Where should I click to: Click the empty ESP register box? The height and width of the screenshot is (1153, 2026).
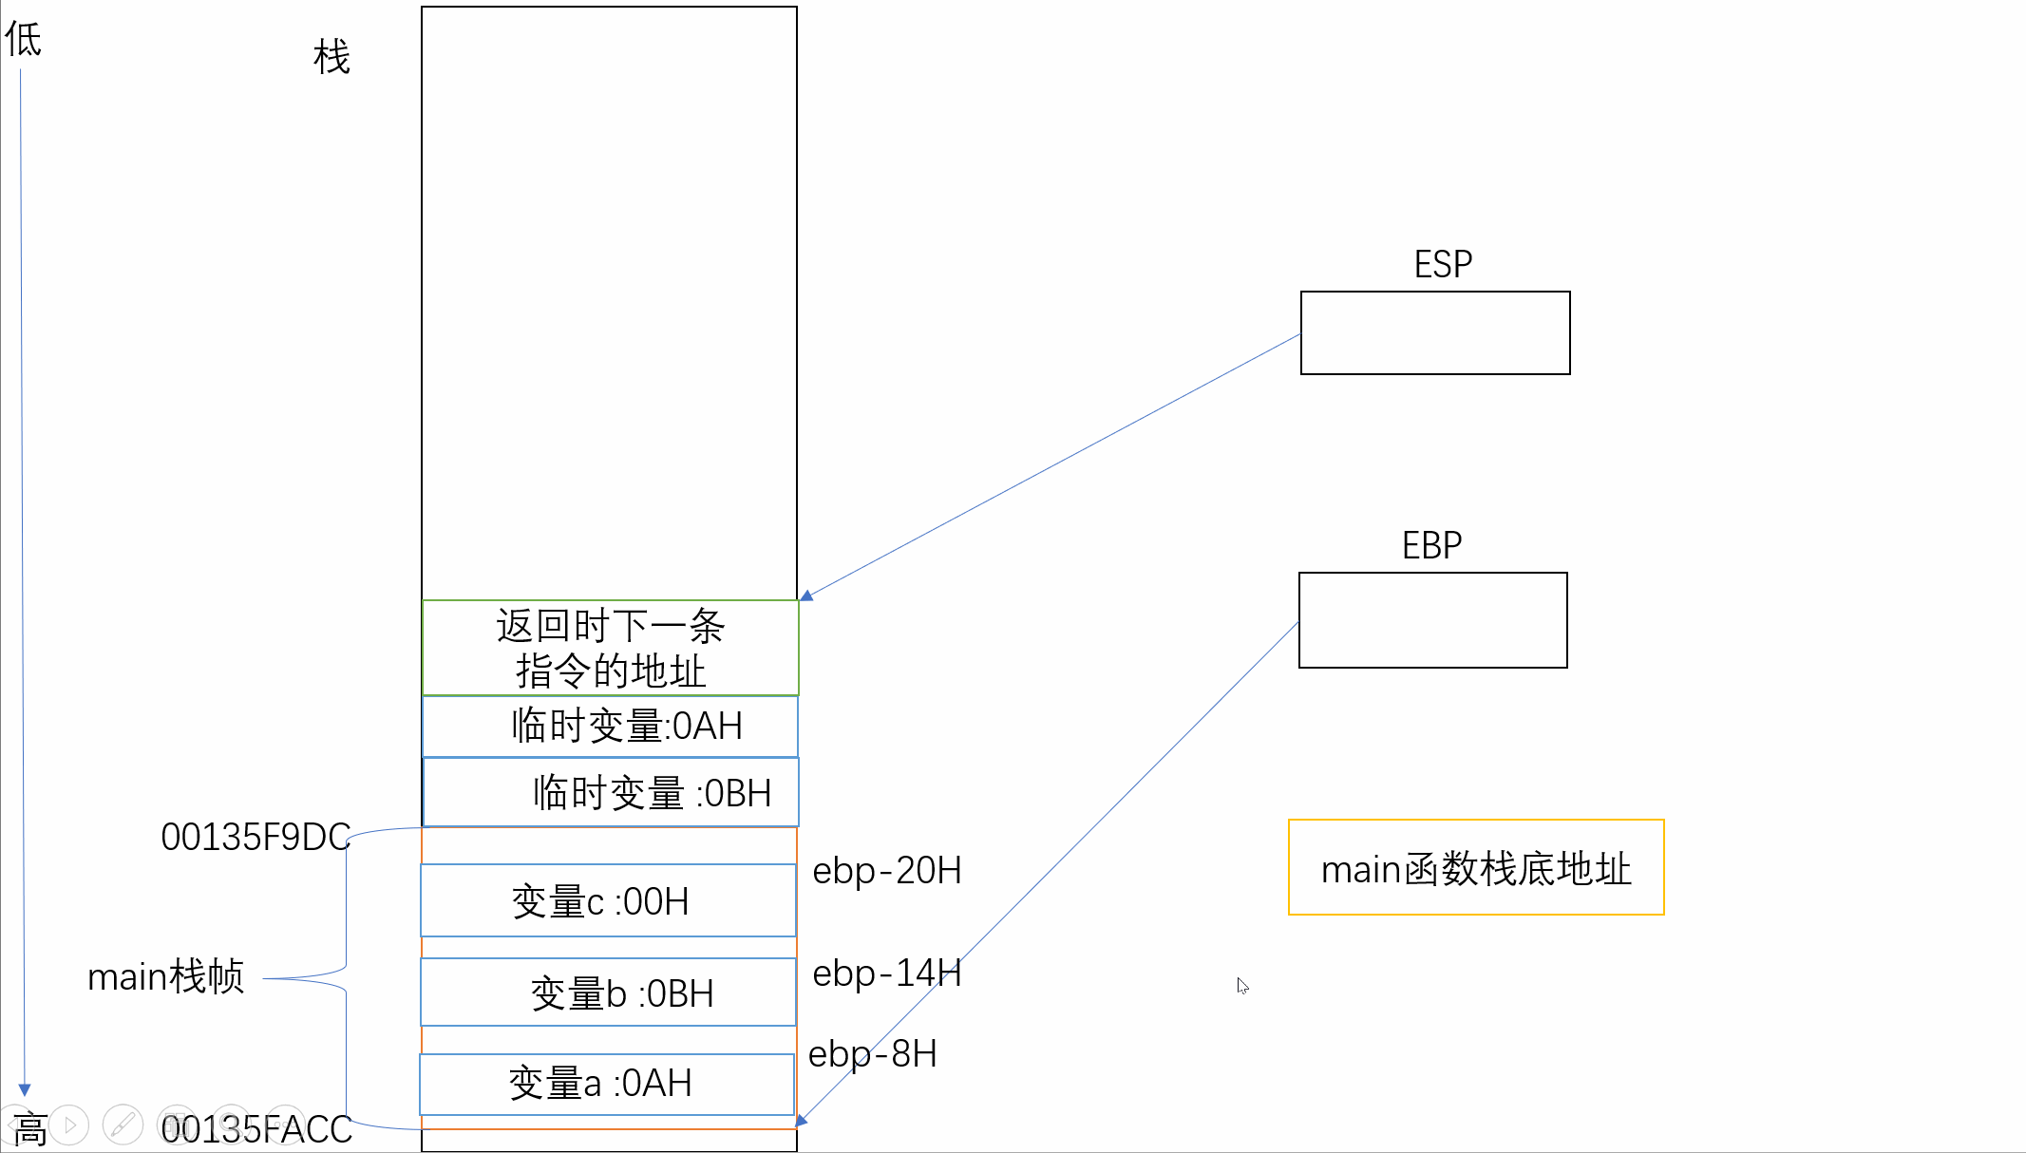(x=1434, y=332)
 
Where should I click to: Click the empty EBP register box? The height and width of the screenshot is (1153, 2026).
(x=1432, y=619)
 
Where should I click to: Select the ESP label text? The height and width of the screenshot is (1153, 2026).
(x=1443, y=264)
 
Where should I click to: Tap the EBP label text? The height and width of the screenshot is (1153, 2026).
(x=1431, y=545)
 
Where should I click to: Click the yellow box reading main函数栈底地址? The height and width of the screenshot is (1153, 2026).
(x=1475, y=867)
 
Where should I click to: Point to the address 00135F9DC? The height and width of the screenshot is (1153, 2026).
(x=256, y=837)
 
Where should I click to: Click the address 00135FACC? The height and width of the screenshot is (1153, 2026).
(x=256, y=1129)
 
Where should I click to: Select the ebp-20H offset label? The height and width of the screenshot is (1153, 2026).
(x=887, y=870)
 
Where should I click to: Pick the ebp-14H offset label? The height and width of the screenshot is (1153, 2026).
(x=887, y=973)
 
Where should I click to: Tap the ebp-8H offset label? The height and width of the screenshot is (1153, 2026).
(x=872, y=1053)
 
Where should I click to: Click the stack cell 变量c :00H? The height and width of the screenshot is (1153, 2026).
(x=608, y=900)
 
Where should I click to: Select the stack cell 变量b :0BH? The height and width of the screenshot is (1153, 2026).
(x=608, y=992)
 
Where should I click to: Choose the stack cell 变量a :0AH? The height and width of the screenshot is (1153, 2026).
(x=607, y=1084)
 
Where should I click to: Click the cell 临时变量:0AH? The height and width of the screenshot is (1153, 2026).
(x=610, y=727)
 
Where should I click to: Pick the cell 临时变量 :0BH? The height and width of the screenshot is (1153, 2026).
(x=611, y=792)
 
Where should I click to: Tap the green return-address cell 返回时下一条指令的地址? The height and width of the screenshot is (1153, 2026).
(x=610, y=648)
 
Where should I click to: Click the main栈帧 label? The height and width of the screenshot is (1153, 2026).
(x=165, y=976)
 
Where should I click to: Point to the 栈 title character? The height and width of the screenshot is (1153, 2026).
(x=331, y=57)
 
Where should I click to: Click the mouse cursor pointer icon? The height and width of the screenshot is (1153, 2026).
(x=1242, y=986)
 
